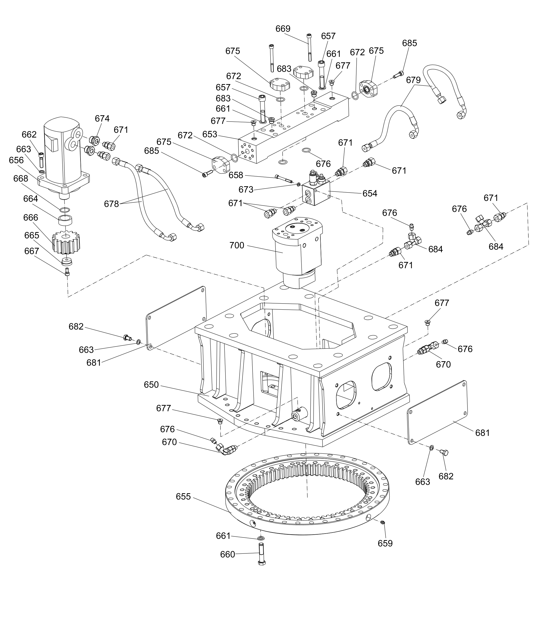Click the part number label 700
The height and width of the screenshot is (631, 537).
[237, 245]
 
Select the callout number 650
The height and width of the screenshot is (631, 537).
[151, 385]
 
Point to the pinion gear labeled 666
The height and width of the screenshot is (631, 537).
[66, 242]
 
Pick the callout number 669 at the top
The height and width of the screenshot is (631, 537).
[283, 29]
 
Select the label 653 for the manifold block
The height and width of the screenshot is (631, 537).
[210, 134]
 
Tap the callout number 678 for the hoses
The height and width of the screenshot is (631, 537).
[111, 204]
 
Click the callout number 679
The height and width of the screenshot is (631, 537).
[413, 80]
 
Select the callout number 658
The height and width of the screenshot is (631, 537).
[236, 175]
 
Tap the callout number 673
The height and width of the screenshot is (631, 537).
[246, 190]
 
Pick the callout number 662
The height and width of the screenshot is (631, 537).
[29, 134]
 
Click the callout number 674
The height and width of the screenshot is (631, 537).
[102, 118]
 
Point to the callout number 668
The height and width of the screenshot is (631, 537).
[21, 178]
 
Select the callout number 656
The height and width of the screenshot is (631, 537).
[17, 160]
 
